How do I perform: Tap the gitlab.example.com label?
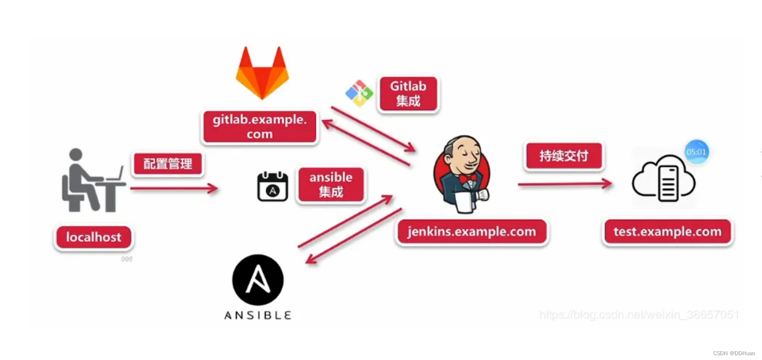259,126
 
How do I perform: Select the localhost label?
94,237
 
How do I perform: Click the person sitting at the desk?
92,180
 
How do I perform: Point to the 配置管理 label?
168,164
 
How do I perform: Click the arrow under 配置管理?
174,188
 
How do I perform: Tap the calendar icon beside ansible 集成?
272,187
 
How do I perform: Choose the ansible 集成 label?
331,184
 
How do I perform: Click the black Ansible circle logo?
258,280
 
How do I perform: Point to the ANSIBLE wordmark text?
258,316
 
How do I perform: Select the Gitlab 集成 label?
408,94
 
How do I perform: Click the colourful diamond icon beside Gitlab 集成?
359,93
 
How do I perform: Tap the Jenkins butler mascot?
462,174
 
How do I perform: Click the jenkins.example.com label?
472,232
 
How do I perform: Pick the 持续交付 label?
564,156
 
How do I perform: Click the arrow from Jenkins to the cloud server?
565,183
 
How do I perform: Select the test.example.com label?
667,232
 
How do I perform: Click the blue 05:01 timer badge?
696,152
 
